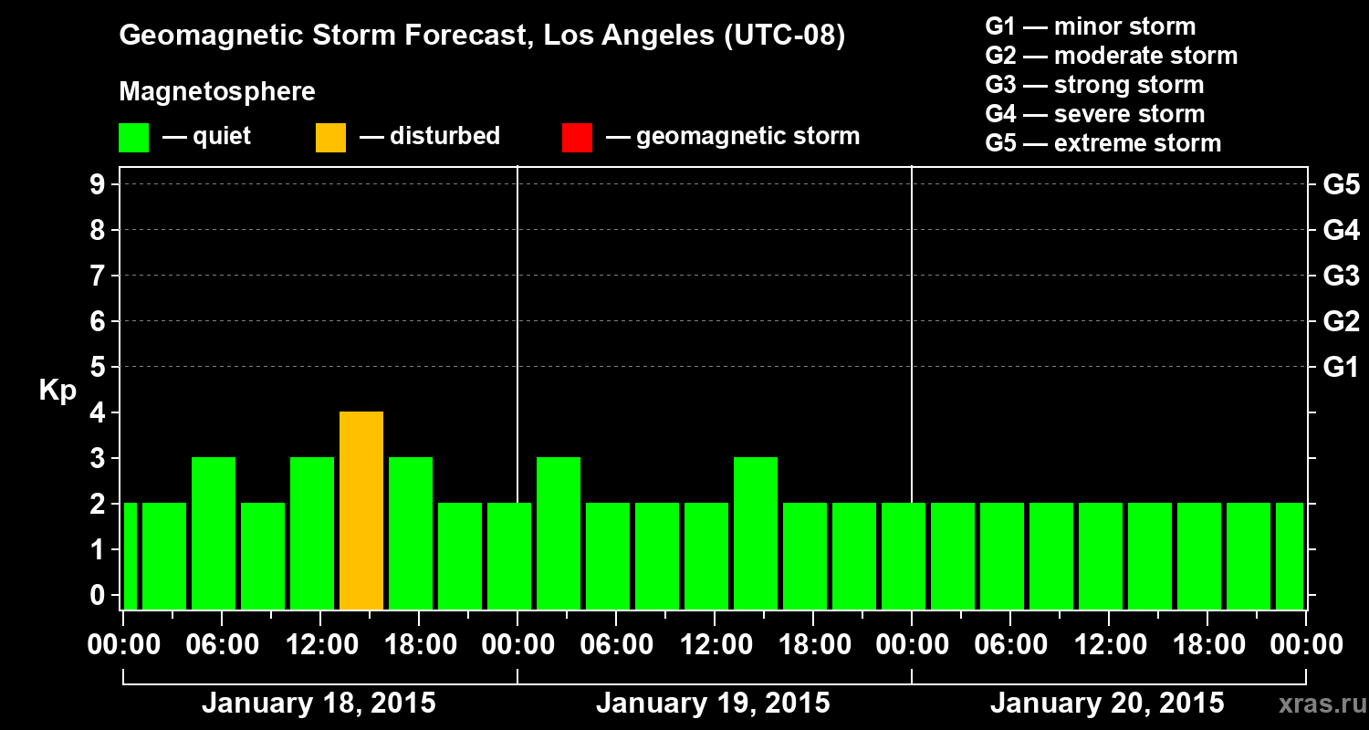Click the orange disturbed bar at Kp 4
coord(361,510)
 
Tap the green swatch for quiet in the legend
coord(133,137)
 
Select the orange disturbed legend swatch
coord(330,137)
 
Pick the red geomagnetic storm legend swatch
coord(577,137)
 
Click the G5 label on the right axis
coord(1341,184)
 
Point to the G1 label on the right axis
coord(1341,368)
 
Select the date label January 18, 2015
coord(319,704)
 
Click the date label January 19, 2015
coord(713,704)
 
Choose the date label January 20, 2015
coord(1107,704)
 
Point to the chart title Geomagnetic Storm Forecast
coord(482,36)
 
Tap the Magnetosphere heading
coord(217,92)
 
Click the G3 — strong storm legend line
coord(1094,85)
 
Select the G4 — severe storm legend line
coord(1095,114)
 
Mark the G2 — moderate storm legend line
coord(1112,56)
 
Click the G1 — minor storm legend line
coord(1091,26)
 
